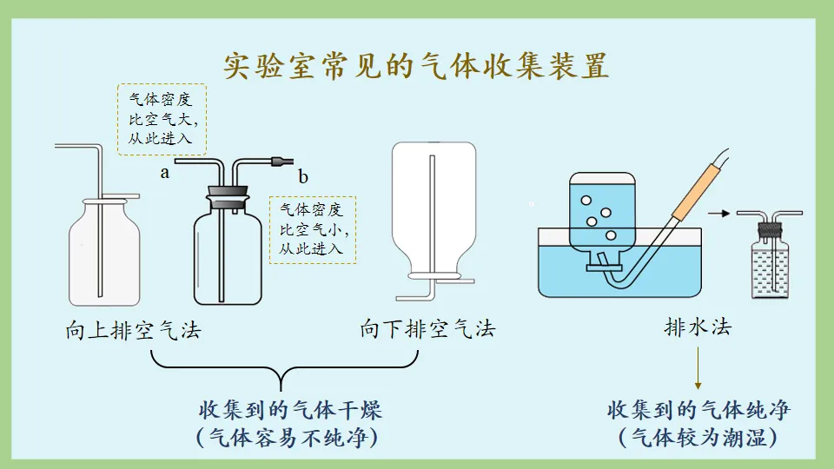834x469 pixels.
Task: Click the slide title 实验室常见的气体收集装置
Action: (x=416, y=66)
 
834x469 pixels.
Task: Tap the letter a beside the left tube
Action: (x=164, y=173)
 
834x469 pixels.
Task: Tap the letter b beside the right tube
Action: (x=303, y=177)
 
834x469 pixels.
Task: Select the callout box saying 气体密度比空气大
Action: (x=162, y=119)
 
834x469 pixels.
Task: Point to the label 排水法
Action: (x=698, y=327)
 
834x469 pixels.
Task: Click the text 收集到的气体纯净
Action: (x=698, y=409)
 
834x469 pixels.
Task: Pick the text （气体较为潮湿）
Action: (x=698, y=437)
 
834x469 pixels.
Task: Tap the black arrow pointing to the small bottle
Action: (x=717, y=212)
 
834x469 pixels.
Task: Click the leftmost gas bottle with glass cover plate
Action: (x=104, y=252)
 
